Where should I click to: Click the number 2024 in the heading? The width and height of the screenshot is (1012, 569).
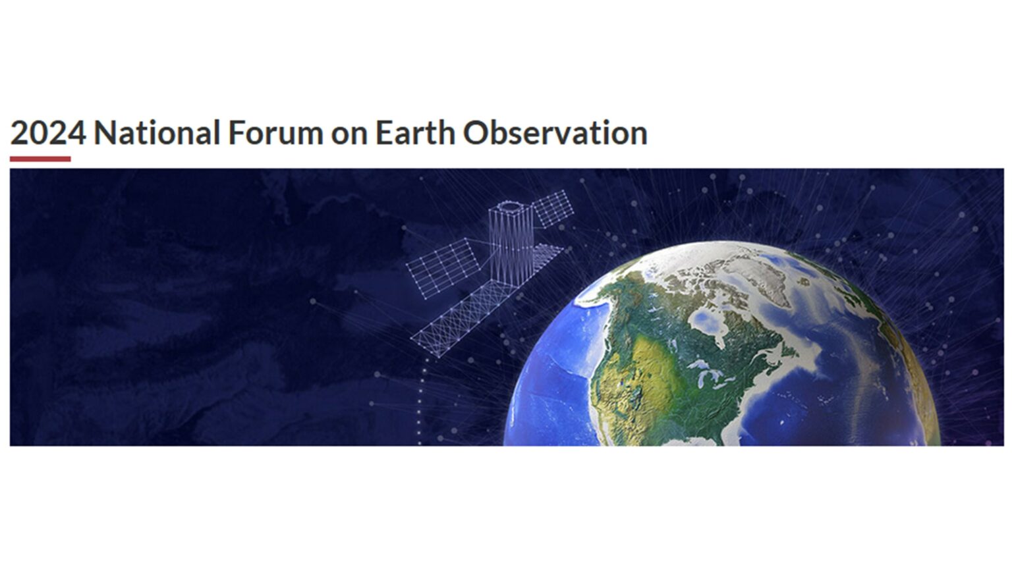(48, 133)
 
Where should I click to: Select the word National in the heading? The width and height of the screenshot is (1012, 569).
(157, 133)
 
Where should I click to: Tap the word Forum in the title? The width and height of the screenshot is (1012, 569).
(275, 133)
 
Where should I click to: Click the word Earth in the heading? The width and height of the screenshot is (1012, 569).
(415, 133)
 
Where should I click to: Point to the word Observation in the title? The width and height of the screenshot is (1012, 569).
(555, 133)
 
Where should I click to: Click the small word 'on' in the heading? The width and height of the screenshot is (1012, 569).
(349, 135)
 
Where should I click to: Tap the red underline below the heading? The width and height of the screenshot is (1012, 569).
(40, 159)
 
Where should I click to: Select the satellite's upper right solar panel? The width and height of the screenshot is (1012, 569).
(553, 208)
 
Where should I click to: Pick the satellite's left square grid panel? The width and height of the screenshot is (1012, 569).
(443, 268)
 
